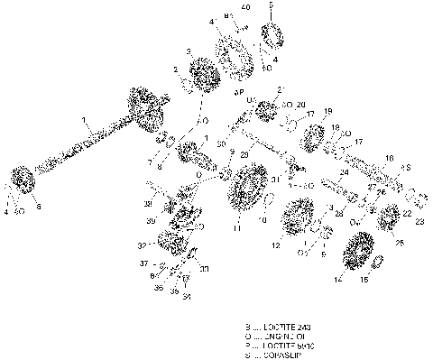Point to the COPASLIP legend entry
click(x=281, y=355)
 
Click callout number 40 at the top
click(x=244, y=8)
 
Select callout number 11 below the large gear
click(x=236, y=229)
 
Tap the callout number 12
click(x=276, y=245)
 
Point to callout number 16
click(x=389, y=157)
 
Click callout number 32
click(x=141, y=245)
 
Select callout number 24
click(x=344, y=171)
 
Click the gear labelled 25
click(x=391, y=217)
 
